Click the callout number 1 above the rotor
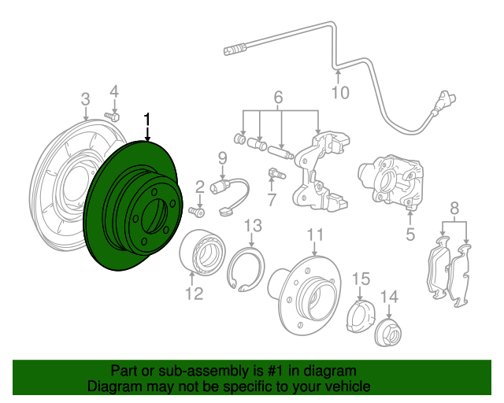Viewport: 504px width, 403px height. [x=147, y=119]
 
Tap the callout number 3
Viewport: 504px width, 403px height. [x=85, y=99]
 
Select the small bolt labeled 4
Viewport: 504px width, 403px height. [x=112, y=116]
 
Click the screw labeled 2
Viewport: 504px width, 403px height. [x=196, y=212]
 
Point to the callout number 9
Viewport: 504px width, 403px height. [x=222, y=158]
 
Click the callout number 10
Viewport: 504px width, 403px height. [x=340, y=93]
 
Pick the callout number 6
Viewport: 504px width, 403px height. [x=278, y=97]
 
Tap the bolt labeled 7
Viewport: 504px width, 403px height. [x=276, y=174]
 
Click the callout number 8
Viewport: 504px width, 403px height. [x=454, y=209]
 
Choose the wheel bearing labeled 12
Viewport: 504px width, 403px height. [x=202, y=252]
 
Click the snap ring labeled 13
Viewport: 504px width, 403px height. [x=246, y=269]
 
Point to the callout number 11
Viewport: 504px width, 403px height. [x=315, y=235]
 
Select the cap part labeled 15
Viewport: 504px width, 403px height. [x=361, y=316]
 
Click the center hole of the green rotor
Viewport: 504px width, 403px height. [x=154, y=216]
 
